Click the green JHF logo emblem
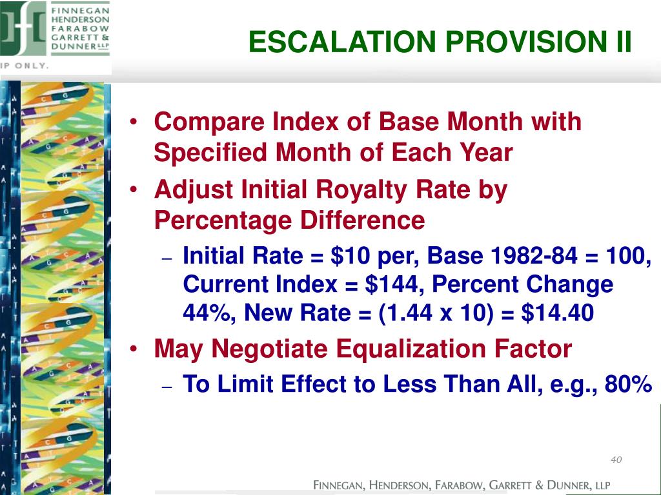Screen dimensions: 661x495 [x=23, y=28]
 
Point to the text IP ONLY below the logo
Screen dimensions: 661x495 [x=25, y=66]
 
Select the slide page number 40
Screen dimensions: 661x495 [x=616, y=459]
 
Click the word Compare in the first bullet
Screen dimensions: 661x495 [x=211, y=122]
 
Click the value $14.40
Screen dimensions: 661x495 [x=557, y=313]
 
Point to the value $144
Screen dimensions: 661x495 [x=391, y=284]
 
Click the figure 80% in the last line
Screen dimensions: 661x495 [x=628, y=383]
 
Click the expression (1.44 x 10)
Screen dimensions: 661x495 [x=436, y=313]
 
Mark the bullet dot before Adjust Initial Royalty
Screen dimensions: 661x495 [x=134, y=189]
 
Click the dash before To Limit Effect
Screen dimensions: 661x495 [x=167, y=387]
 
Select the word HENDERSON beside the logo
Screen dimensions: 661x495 [x=80, y=20]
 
